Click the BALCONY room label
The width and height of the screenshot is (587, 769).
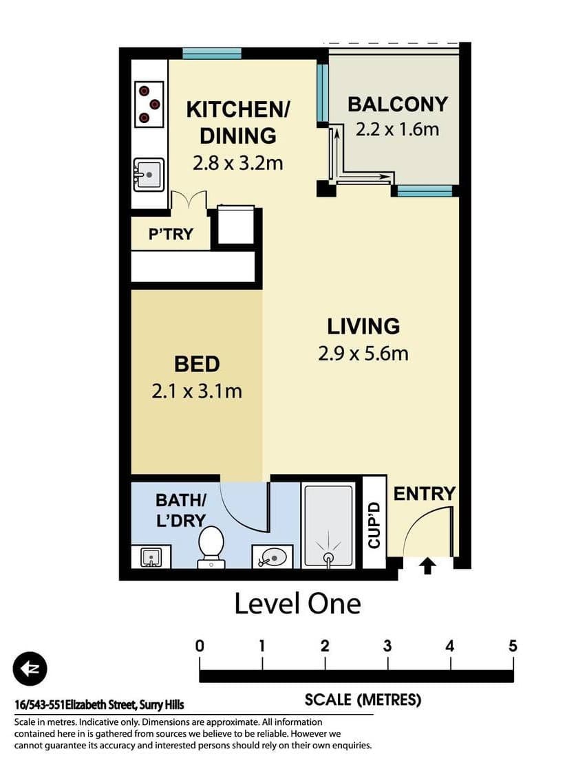[397, 104]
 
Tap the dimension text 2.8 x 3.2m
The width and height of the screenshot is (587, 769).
[238, 163]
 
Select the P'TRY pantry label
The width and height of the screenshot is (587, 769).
[171, 234]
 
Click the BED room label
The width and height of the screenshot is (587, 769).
[197, 363]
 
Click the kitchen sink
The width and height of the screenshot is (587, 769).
[148, 174]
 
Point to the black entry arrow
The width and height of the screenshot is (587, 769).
[427, 566]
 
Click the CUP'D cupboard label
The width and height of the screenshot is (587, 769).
[374, 525]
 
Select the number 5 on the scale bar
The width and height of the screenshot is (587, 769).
[513, 646]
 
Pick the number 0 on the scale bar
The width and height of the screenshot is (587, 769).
[200, 646]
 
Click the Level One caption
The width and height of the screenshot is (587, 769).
[297, 604]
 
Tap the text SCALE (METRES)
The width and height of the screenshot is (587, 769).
[363, 700]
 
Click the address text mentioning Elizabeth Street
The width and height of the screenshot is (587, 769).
[100, 705]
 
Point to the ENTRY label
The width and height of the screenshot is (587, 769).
[424, 493]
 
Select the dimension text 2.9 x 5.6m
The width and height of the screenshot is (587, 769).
[363, 354]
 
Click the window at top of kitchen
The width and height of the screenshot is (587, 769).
[212, 53]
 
